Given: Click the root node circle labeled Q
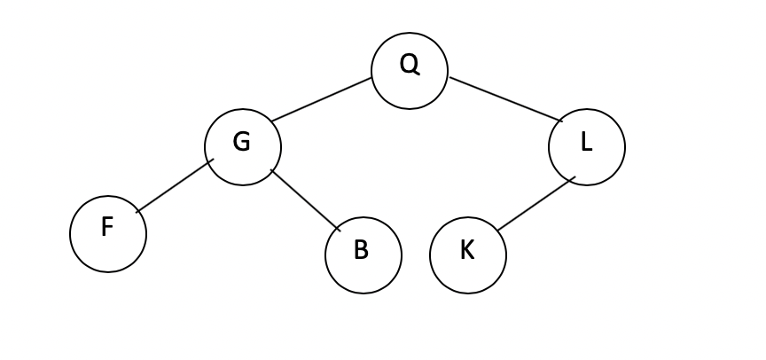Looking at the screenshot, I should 410,71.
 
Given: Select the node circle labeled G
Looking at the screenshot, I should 243,147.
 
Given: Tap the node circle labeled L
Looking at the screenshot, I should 587,147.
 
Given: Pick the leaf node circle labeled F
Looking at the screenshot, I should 108,234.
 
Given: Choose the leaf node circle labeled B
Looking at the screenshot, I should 363,255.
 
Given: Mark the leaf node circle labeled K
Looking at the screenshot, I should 468,255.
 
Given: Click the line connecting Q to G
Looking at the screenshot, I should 322,99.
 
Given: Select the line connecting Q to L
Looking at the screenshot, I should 505,99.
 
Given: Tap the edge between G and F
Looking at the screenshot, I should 175,185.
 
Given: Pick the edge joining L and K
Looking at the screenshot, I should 535,204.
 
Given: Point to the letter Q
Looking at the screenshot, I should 409,64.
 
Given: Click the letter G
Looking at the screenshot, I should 241,142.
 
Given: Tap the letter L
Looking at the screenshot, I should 586,142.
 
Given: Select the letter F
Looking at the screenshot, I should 107,228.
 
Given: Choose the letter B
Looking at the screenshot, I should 361,250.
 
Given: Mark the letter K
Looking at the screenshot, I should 467,250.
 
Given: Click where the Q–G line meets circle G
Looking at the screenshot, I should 272,121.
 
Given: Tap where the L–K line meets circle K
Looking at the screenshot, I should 497,231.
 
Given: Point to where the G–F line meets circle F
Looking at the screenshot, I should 137,211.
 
